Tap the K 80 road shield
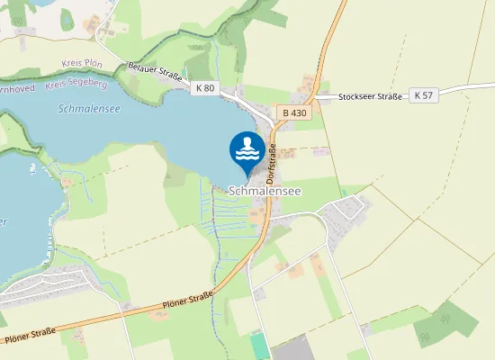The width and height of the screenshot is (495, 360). click(x=205, y=87)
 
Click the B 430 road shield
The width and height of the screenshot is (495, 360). click(x=294, y=112)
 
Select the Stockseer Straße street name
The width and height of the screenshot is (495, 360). click(x=370, y=96)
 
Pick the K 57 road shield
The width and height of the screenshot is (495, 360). click(x=423, y=94)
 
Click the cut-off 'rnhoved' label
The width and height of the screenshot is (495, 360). click(x=18, y=90)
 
